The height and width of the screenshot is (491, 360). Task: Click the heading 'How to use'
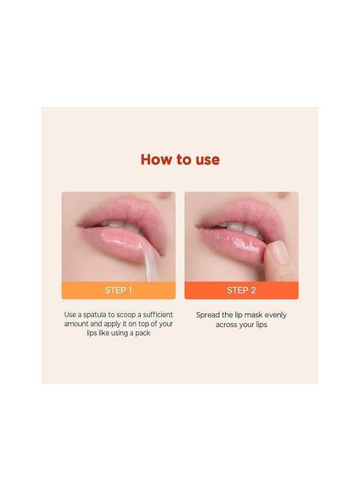(180, 159)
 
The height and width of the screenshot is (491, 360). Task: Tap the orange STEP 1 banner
(118, 290)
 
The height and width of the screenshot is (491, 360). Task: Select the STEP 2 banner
(241, 290)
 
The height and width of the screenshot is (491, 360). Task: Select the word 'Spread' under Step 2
(208, 315)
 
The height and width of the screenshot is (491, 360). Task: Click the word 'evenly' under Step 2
(273, 315)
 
